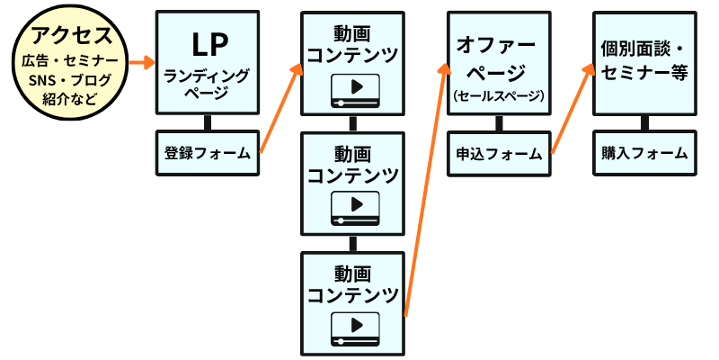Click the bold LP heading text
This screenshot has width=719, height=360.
click(208, 43)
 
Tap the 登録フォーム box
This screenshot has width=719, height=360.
click(208, 152)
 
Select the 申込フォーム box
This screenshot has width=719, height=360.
click(499, 153)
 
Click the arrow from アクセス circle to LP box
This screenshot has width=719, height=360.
click(138, 63)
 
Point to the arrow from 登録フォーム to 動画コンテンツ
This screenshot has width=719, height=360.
click(279, 108)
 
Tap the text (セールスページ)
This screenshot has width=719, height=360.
click(499, 94)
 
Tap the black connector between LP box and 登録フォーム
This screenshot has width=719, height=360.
click(208, 124)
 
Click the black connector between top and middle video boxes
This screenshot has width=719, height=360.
click(353, 123)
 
